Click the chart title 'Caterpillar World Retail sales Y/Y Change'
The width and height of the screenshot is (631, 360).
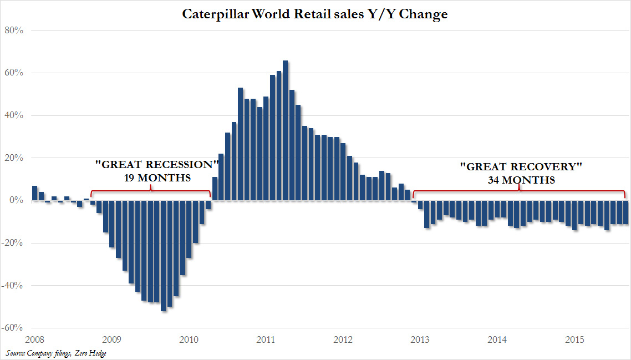pyautogui.click(x=315, y=14)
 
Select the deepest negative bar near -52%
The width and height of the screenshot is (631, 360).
pyautogui.click(x=164, y=255)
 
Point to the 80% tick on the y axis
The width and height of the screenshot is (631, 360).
pyautogui.click(x=14, y=30)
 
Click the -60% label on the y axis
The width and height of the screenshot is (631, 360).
pyautogui.click(x=13, y=328)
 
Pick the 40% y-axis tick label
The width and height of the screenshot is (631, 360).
pyautogui.click(x=14, y=115)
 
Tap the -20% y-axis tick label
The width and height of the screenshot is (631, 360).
pyautogui.click(x=13, y=243)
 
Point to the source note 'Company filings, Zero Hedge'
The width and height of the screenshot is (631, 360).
pyautogui.click(x=67, y=353)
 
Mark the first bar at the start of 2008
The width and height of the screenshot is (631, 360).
pyautogui.click(x=34, y=193)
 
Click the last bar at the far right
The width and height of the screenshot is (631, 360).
pyautogui.click(x=626, y=212)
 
